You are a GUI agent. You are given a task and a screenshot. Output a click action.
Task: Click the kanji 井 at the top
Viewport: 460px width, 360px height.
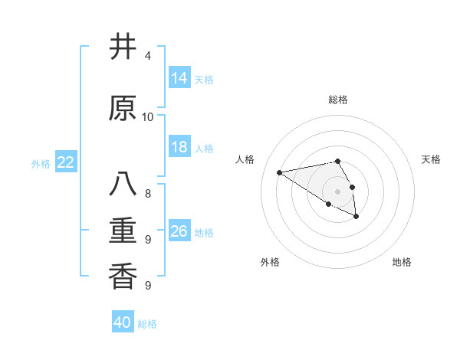click(x=123, y=47)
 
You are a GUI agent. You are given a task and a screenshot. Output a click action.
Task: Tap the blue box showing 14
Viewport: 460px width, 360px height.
click(x=179, y=78)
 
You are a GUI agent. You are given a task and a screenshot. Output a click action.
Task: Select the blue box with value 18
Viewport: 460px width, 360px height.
click(x=179, y=147)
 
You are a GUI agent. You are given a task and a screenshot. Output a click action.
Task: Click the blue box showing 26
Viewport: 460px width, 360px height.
click(x=179, y=231)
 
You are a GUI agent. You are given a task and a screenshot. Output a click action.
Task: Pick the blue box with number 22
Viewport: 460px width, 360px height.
click(x=66, y=162)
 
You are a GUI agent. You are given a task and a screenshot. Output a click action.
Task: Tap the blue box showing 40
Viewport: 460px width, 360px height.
click(x=123, y=322)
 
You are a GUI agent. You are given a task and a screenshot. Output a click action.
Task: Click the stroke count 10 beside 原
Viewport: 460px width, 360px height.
click(x=148, y=117)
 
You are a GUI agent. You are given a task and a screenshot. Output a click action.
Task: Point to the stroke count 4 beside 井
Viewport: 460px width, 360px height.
click(x=148, y=57)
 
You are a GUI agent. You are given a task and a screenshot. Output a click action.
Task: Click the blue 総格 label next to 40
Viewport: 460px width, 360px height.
click(x=147, y=324)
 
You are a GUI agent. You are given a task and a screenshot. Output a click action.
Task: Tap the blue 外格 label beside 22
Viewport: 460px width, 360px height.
click(x=41, y=164)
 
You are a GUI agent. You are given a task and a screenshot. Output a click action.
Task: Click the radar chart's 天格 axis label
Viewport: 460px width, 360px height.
click(x=431, y=159)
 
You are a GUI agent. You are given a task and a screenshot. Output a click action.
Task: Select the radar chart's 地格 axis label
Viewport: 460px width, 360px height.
click(x=402, y=262)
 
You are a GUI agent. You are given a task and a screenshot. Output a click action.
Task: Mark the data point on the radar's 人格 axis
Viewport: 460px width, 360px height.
click(x=280, y=172)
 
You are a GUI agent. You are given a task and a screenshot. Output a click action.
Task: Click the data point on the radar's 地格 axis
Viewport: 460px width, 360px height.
click(x=356, y=218)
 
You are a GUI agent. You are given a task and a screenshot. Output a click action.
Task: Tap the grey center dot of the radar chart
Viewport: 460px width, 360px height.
click(x=337, y=191)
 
